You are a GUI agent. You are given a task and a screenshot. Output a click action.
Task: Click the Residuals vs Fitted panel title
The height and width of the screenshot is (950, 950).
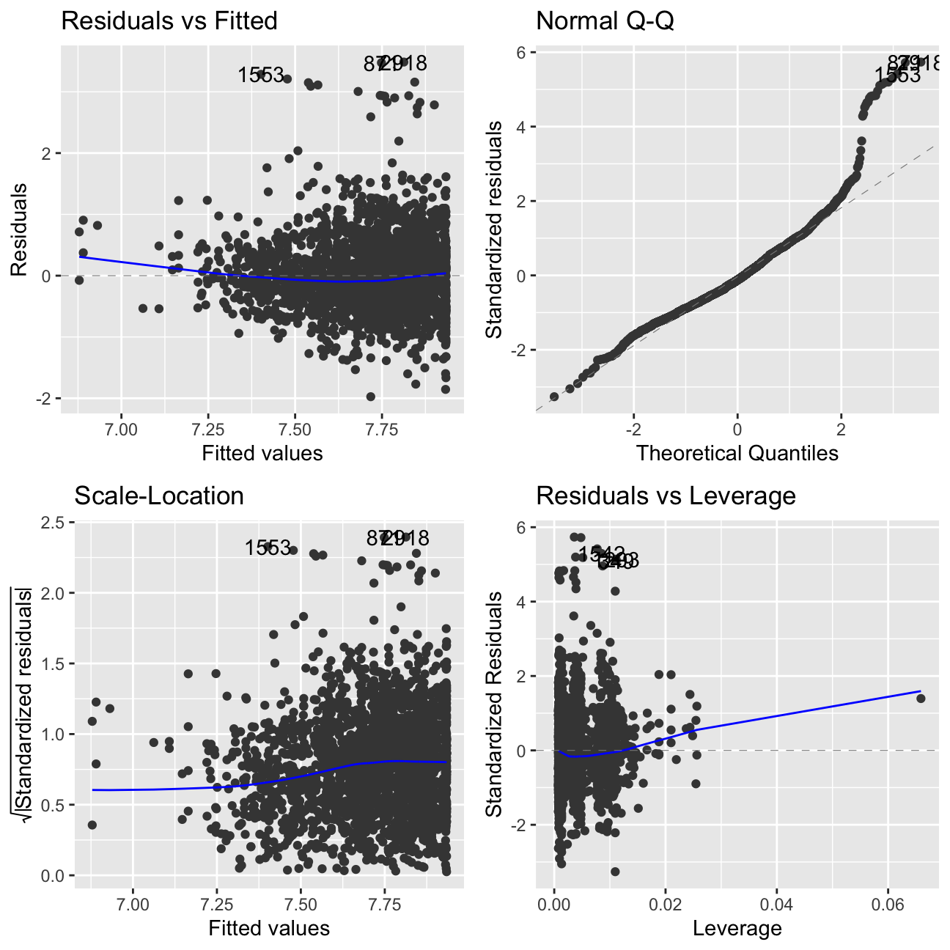(169, 21)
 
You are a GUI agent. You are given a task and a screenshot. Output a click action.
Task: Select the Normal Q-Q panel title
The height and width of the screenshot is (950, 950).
(605, 21)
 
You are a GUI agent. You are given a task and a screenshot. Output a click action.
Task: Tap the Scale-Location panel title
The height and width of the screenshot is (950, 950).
(159, 496)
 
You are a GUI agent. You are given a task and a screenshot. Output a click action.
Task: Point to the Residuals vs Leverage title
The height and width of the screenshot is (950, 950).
(666, 496)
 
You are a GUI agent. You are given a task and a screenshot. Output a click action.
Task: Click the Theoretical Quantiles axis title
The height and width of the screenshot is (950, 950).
(737, 453)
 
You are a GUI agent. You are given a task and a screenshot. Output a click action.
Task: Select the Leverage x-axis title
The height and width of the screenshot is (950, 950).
(737, 929)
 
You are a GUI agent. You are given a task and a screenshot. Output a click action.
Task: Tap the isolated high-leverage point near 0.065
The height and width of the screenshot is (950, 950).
(921, 698)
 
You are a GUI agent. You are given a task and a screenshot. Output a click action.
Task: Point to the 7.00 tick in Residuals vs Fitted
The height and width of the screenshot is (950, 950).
(121, 428)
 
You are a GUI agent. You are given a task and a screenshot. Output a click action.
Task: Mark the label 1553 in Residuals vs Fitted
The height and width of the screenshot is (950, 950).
(260, 75)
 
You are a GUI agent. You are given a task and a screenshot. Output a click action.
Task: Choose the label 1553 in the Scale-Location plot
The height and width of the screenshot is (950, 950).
(268, 548)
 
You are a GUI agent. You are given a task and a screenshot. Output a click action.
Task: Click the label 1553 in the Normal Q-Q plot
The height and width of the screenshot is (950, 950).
(897, 75)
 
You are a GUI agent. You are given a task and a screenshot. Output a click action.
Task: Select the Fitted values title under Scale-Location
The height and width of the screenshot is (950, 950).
(269, 929)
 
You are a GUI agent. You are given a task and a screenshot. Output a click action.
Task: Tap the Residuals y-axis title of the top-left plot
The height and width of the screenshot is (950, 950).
(19, 229)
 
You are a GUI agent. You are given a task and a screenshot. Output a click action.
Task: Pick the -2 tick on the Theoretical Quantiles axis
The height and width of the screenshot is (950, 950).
(634, 428)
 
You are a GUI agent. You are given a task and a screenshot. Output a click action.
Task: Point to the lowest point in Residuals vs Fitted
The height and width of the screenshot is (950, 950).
(370, 397)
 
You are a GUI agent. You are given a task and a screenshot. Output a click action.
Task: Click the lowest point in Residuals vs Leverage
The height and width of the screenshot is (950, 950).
(615, 872)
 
